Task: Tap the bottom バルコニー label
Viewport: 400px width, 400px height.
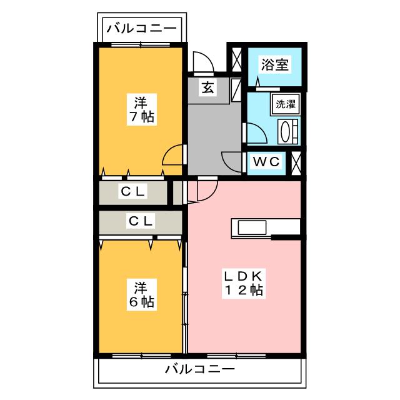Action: point(200,369)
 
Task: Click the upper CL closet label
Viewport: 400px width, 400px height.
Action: point(133,192)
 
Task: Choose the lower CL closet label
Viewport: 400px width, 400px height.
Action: point(141,220)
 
